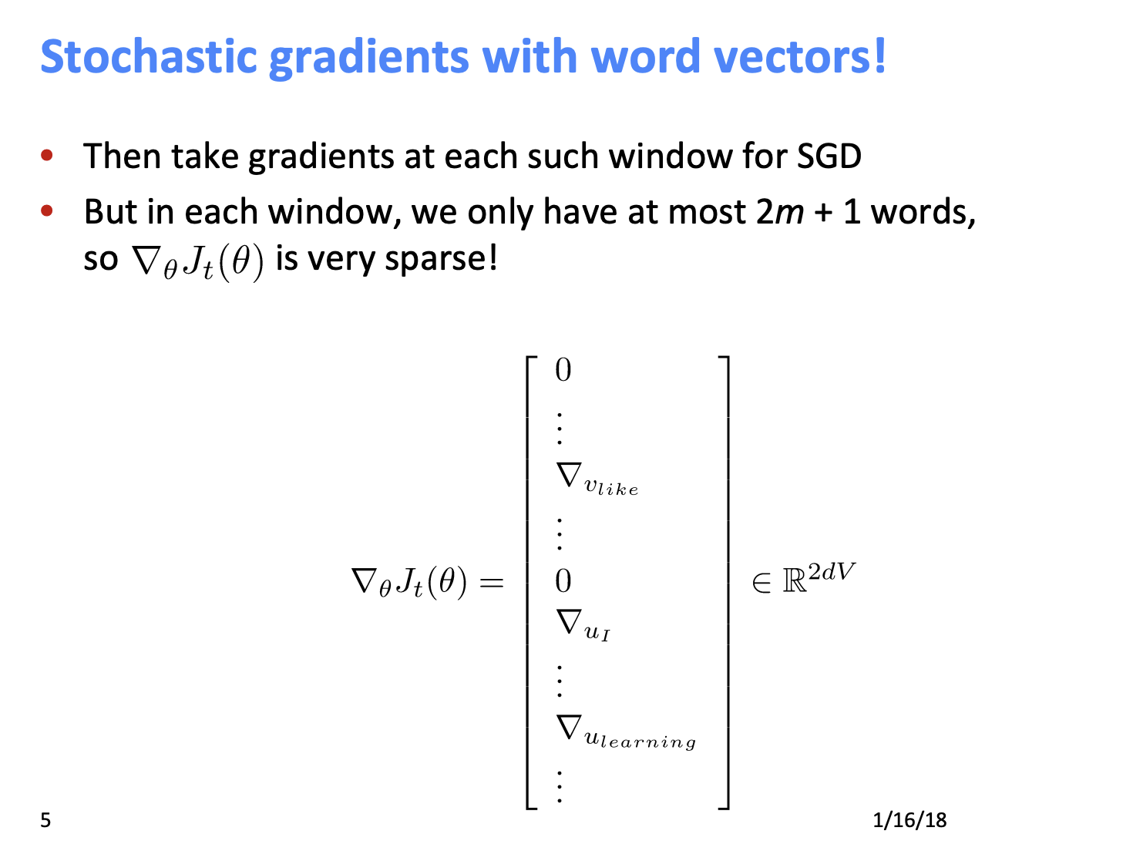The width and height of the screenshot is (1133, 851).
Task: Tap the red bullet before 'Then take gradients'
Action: (48, 156)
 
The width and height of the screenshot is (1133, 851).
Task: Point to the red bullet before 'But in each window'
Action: (48, 210)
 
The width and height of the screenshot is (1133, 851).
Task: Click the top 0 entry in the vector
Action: (563, 371)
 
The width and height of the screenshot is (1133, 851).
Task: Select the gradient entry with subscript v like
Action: (597, 477)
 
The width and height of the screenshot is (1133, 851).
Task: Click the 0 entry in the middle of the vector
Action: (563, 581)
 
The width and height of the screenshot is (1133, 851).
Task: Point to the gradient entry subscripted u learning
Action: (625, 731)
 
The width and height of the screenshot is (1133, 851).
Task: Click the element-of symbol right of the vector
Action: (761, 584)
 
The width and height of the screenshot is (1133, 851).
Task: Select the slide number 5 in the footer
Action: (45, 820)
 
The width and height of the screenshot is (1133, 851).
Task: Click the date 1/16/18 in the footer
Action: (909, 820)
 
